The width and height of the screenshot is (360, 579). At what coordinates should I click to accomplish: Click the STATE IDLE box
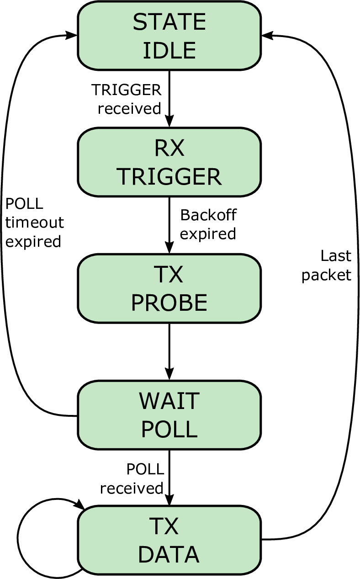click(169, 36)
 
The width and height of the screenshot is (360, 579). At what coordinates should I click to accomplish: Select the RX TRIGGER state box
click(169, 162)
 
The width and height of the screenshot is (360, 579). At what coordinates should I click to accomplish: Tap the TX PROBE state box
click(169, 288)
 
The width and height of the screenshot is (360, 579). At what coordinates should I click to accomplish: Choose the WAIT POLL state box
click(169, 415)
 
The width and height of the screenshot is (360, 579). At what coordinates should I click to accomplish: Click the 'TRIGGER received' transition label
click(127, 99)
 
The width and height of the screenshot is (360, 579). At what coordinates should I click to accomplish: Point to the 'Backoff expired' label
click(208, 224)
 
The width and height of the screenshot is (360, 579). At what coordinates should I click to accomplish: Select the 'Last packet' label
click(327, 266)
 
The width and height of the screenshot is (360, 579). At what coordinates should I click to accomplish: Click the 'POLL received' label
click(132, 479)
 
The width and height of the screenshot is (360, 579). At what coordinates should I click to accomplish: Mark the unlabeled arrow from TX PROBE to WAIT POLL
click(169, 351)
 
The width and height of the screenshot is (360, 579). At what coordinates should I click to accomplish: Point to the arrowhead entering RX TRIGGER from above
click(169, 122)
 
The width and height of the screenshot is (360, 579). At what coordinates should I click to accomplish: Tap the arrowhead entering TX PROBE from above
click(169, 248)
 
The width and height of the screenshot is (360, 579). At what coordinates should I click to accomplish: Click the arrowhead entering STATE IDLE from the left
click(71, 35)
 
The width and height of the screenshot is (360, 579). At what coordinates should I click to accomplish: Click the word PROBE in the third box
click(169, 303)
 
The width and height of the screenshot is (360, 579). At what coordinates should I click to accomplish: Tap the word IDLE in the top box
click(169, 50)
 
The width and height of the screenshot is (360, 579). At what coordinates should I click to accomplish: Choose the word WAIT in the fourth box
click(169, 401)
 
